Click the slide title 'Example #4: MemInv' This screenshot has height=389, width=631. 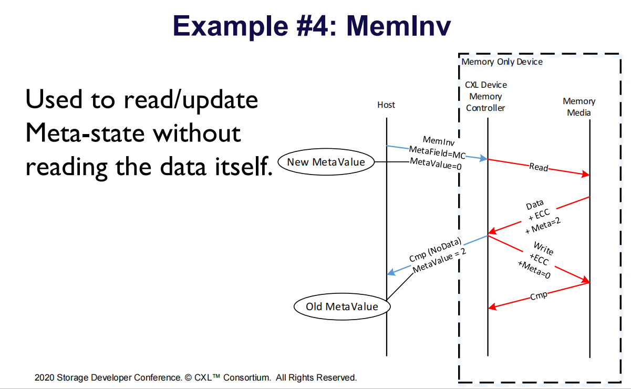coord(312,26)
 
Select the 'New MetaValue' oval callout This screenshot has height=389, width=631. coord(326,162)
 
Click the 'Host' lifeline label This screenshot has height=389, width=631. coord(386,105)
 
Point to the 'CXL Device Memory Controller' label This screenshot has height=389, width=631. coord(485,96)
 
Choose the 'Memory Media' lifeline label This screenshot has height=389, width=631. coord(578,107)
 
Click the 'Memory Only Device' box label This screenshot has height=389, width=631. coord(502,62)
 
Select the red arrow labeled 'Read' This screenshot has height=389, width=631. coord(539,168)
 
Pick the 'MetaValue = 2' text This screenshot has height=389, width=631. coord(439,261)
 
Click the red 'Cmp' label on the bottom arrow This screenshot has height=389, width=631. coord(538,296)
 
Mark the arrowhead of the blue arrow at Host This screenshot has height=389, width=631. coord(390,273)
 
